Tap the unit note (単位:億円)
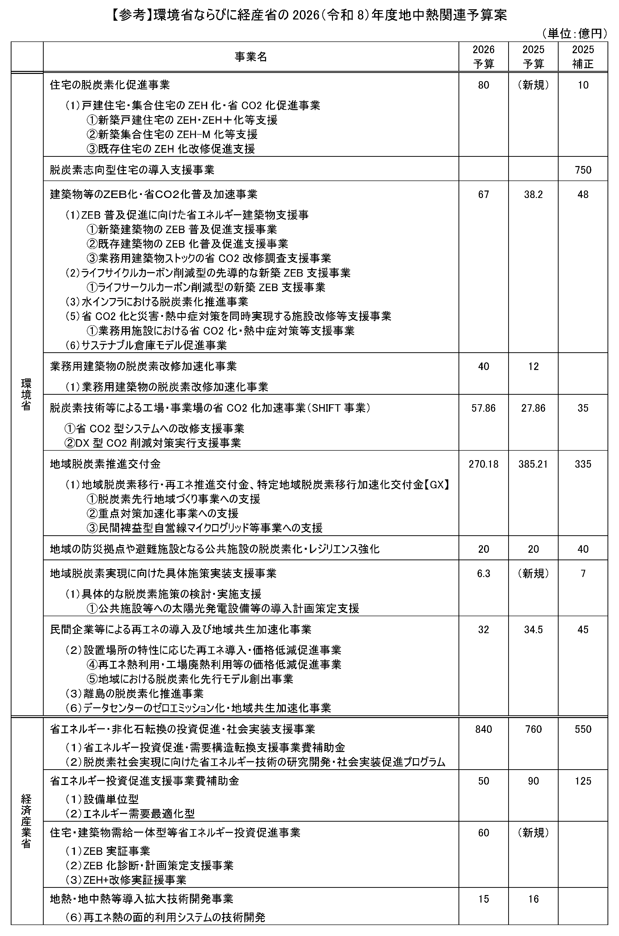click(574, 34)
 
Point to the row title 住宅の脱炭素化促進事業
click(110, 85)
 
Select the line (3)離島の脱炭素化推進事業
click(134, 693)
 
